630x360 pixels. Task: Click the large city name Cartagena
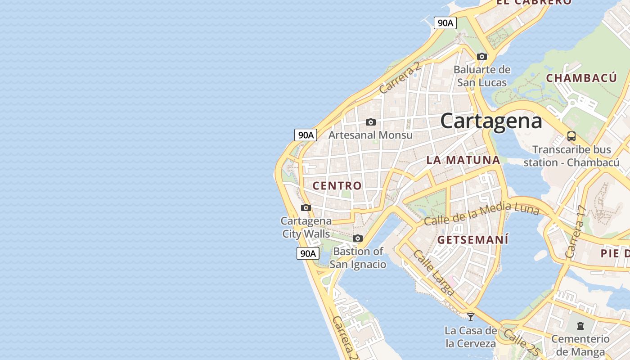click(491, 121)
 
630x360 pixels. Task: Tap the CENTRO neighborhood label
click(337, 185)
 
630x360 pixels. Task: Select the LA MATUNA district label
click(463, 160)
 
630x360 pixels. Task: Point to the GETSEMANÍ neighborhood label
click(473, 240)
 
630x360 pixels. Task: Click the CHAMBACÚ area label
click(581, 78)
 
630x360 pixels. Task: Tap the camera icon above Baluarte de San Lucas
click(482, 56)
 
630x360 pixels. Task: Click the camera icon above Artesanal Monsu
click(371, 122)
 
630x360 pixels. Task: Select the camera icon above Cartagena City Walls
click(306, 207)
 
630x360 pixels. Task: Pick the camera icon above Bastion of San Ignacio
click(358, 238)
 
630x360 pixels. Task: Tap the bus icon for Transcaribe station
click(571, 136)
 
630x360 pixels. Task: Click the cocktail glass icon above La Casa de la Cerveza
click(471, 317)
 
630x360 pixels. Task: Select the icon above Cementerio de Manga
click(580, 325)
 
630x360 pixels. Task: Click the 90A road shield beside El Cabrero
click(445, 23)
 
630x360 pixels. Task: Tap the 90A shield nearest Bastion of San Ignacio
click(308, 253)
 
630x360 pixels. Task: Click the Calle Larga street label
click(433, 273)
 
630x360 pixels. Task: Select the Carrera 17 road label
click(576, 231)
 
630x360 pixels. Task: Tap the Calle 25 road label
click(521, 342)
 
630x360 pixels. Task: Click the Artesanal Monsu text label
click(370, 135)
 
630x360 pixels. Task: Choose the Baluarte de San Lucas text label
click(482, 76)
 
